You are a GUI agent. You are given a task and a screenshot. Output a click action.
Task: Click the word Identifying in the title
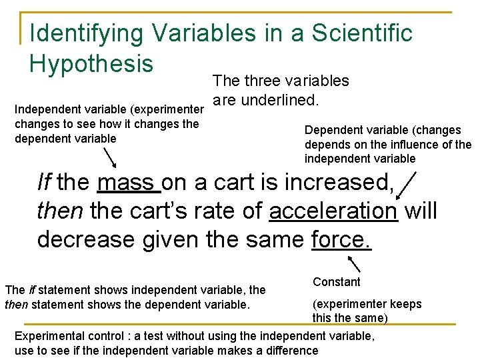pos(85,33)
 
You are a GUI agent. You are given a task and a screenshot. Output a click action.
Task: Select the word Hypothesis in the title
pos(91,63)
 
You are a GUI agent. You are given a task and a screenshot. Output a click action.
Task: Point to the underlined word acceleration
pos(333,211)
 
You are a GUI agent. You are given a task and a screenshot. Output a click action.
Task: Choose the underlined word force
pos(341,239)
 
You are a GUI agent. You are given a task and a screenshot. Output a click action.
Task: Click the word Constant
pos(337,282)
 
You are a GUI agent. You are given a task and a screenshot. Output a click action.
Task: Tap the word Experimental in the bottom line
pos(48,336)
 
